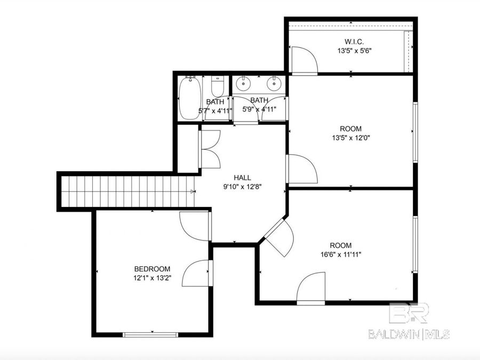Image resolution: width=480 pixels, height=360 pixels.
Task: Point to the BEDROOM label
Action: pyautogui.click(x=152, y=269)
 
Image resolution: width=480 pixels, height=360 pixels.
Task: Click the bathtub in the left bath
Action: pyautogui.click(x=189, y=98)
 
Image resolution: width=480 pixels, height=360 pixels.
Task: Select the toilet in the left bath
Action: pyautogui.click(x=217, y=87)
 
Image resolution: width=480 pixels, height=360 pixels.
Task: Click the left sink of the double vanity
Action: pyautogui.click(x=244, y=83)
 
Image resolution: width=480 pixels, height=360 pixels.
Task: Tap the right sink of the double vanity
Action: pyautogui.click(x=274, y=83)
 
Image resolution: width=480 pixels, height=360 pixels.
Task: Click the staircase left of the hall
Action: pyautogui.click(x=126, y=191)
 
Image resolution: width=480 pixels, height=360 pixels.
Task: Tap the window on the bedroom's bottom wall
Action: pyautogui.click(x=150, y=334)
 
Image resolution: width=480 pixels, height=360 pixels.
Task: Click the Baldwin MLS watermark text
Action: pyautogui.click(x=409, y=334)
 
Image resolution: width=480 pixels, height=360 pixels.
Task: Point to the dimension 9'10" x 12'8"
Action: pyautogui.click(x=242, y=187)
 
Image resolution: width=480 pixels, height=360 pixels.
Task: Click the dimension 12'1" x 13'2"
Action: pyautogui.click(x=152, y=278)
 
